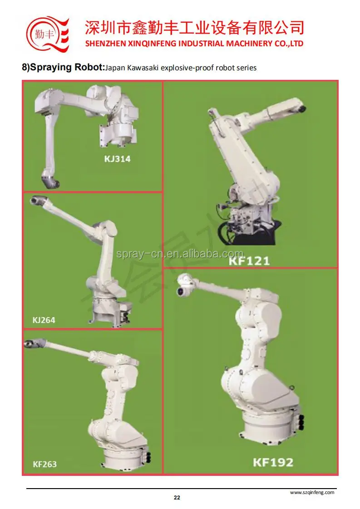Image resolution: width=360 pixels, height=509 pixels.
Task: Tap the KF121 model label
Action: (x=249, y=260)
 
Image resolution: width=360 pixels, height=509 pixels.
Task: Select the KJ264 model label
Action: (x=44, y=320)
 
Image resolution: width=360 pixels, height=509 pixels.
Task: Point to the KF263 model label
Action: (x=44, y=464)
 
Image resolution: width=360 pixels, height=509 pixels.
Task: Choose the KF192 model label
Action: (x=273, y=463)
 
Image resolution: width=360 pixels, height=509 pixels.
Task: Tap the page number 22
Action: (x=177, y=498)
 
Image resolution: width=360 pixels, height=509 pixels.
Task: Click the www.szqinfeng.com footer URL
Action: (x=312, y=492)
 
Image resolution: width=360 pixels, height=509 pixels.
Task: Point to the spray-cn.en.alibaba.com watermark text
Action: (x=180, y=253)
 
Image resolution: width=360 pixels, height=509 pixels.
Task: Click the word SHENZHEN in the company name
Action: (x=104, y=44)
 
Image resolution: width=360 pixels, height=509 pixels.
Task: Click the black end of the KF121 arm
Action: (x=302, y=108)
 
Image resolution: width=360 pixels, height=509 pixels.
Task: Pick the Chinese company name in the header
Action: (x=194, y=28)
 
